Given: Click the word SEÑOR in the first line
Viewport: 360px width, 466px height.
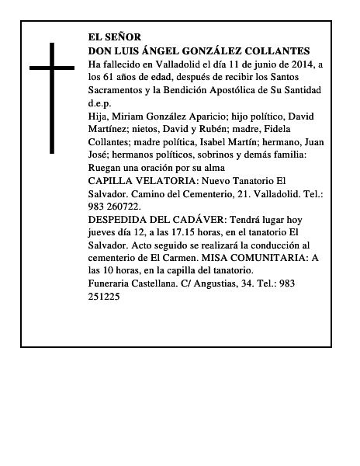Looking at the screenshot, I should coord(124,37).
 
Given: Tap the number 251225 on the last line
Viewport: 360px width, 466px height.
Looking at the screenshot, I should coord(105,297).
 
